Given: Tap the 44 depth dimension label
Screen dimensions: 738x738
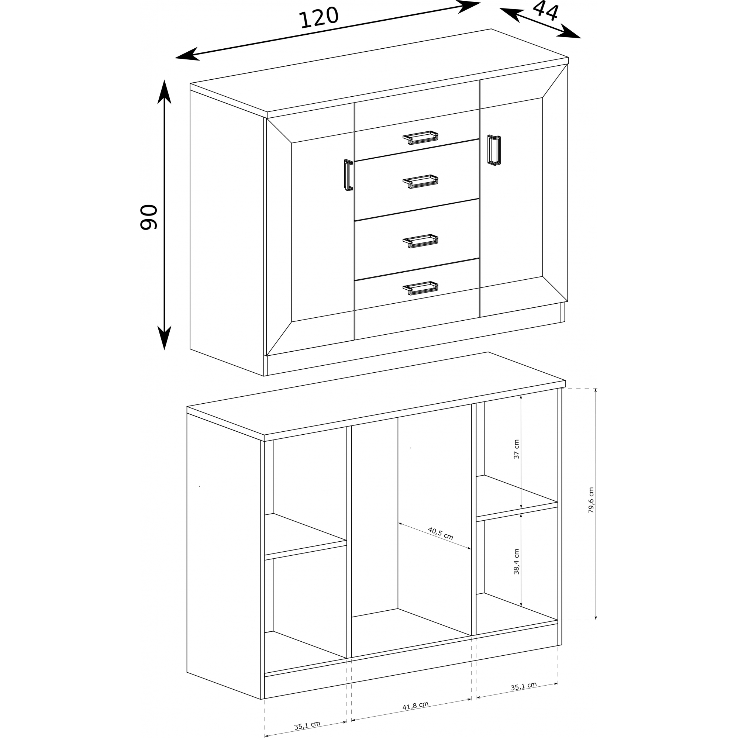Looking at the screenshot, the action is point(546,11).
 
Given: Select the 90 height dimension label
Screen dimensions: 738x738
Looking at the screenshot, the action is point(149,217).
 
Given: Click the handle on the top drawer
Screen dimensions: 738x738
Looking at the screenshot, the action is point(420,138).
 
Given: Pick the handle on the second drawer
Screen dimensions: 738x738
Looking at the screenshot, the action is point(420,182).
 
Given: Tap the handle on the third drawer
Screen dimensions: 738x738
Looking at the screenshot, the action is point(420,241).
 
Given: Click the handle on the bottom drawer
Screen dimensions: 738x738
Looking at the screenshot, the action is point(420,289).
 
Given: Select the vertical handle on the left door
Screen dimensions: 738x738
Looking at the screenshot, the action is point(348,175).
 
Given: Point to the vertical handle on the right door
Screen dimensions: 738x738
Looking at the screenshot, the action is point(494,150).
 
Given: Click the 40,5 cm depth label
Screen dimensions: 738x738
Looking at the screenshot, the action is point(441,533).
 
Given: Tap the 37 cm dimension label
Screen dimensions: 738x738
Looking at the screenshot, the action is point(517,449).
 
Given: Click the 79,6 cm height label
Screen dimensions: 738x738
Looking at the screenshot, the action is point(591,500).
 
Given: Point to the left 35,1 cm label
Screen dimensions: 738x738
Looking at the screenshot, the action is point(307,725).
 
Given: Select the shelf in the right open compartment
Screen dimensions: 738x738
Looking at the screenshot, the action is point(517,498).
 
